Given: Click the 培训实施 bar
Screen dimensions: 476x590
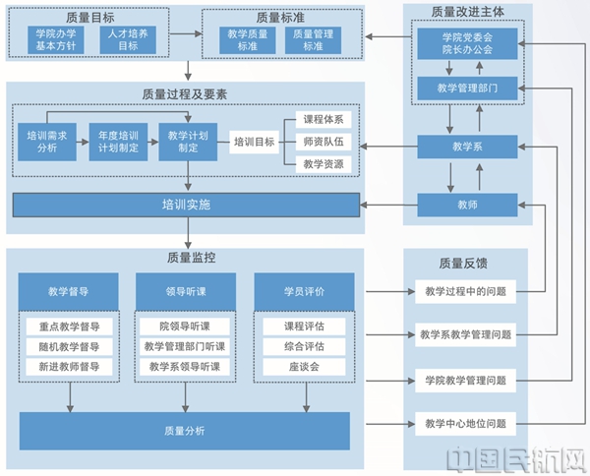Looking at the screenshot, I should click(x=186, y=207).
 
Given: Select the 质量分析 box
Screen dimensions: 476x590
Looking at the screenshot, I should click(x=185, y=430).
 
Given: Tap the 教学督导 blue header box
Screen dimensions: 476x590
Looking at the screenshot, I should click(x=69, y=291).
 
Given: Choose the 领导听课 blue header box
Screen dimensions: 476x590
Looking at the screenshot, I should click(x=185, y=291).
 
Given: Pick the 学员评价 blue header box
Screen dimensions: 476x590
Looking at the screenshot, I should click(x=303, y=291).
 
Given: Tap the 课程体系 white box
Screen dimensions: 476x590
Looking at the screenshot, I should click(x=324, y=120).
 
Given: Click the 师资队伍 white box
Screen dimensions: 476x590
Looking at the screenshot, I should click(x=324, y=142).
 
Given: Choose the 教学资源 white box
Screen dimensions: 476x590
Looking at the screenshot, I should click(x=324, y=164).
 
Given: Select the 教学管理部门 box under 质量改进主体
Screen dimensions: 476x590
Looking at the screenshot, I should click(x=465, y=89).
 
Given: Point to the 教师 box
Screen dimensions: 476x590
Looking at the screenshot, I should click(x=465, y=206).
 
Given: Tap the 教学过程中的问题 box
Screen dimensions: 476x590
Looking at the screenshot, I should click(x=467, y=291).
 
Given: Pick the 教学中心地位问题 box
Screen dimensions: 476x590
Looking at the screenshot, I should click(x=467, y=424).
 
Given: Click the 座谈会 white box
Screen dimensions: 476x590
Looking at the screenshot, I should click(x=303, y=367).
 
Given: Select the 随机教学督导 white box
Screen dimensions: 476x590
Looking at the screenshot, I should click(x=69, y=346).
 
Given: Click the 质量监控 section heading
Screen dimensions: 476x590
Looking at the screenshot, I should click(x=185, y=259).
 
